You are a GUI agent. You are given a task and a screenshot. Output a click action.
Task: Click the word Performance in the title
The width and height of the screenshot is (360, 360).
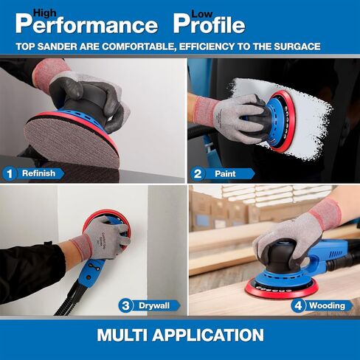pos(86,24)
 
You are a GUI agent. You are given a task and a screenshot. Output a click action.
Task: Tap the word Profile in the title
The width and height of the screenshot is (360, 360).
pos(210,24)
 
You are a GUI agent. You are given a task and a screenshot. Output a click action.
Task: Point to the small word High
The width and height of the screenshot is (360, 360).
pos(45,13)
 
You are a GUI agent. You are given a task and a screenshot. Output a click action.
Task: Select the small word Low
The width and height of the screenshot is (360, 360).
pos(201,14)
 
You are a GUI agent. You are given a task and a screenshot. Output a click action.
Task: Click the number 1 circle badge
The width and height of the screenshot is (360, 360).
pos(10,174)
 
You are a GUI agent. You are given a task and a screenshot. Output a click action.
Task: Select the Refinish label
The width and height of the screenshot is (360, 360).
pos(38,173)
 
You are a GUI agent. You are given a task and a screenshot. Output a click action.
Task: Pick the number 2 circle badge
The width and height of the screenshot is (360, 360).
pos(198,174)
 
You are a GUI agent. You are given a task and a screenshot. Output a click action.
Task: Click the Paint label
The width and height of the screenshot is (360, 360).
pos(225,174)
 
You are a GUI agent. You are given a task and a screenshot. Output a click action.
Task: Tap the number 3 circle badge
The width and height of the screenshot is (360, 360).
pos(125,305)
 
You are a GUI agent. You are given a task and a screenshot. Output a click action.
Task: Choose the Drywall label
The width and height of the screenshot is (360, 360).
pos(154,305)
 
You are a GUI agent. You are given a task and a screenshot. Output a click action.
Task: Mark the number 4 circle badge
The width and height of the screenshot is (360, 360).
pos(298,305)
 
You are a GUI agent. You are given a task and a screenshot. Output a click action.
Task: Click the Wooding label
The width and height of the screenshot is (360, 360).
pos(327,305)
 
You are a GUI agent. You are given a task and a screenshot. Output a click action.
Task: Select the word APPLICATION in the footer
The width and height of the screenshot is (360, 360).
pos(208,335)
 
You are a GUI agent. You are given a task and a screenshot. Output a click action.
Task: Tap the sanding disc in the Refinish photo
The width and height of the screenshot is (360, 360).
pos(72,142)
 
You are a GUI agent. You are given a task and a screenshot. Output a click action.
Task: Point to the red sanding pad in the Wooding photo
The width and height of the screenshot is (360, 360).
pos(281,288)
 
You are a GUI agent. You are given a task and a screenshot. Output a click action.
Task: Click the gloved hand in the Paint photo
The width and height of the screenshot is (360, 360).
pos(236,118)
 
